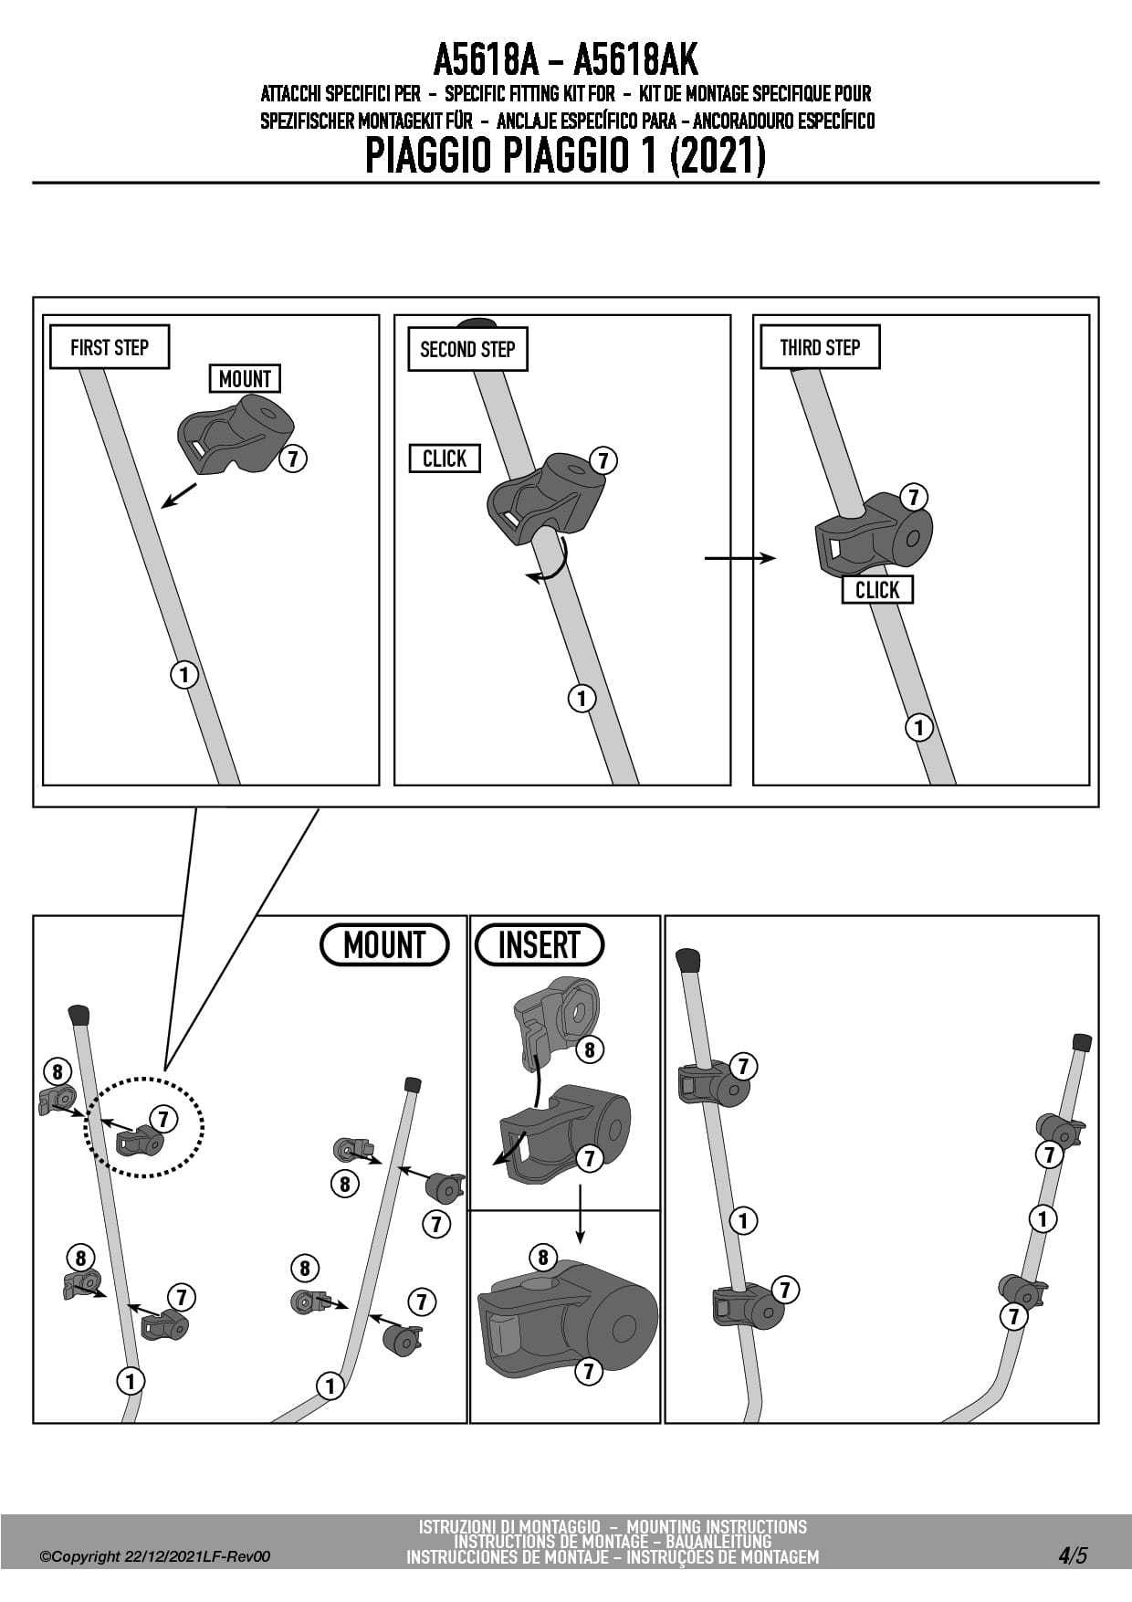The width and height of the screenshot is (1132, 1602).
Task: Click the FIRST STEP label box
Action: [x=110, y=347]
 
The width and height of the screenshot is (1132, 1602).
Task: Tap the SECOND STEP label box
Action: [x=467, y=349]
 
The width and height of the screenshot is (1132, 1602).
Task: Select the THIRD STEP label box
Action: [x=819, y=347]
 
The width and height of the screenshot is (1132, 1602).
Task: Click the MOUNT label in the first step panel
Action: [x=245, y=378]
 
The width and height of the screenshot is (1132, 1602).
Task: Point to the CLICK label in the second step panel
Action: [x=445, y=458]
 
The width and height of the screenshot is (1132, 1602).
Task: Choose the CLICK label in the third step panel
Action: [x=877, y=590]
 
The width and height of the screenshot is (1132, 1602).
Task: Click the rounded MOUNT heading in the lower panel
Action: [x=384, y=944]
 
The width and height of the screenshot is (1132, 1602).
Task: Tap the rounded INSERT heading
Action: [x=540, y=944]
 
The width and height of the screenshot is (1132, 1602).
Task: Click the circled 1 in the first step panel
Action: [x=184, y=675]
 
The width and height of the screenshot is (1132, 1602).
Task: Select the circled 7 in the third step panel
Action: [x=914, y=497]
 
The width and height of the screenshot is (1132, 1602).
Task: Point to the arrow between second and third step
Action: [x=739, y=558]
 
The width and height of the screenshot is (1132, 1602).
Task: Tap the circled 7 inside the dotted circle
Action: [x=163, y=1118]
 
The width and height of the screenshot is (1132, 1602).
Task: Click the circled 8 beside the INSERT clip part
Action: [x=589, y=1049]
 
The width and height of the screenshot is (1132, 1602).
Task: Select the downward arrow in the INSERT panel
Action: [x=581, y=1215]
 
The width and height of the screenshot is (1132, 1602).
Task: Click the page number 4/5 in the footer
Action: [x=1073, y=1555]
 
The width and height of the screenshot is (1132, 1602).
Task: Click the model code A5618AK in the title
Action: [x=635, y=61]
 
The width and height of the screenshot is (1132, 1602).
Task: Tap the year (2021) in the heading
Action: [x=717, y=156]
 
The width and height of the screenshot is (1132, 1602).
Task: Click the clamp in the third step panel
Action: [x=872, y=539]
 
